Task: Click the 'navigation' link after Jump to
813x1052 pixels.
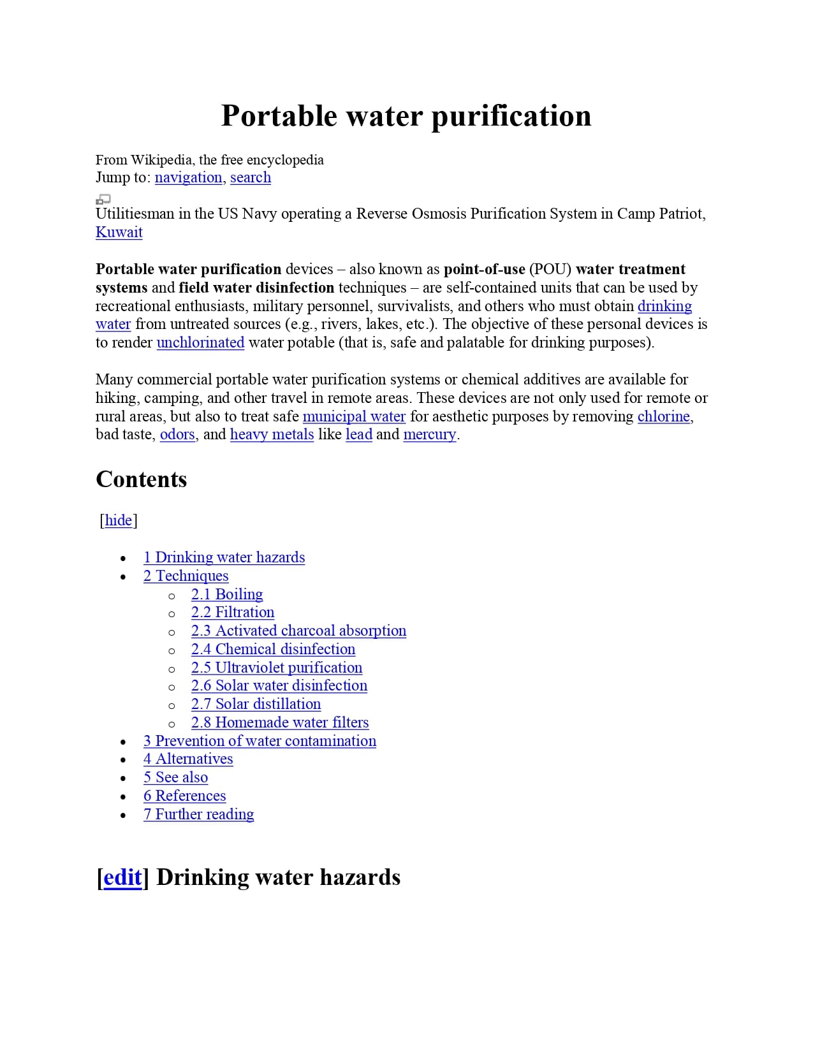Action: click(188, 177)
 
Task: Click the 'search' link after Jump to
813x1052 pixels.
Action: click(250, 177)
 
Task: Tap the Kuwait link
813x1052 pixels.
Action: click(119, 232)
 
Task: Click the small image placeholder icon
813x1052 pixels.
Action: click(103, 200)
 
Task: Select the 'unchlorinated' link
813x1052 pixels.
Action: click(200, 342)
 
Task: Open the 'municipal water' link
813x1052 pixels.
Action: click(354, 416)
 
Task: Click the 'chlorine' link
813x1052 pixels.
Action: click(663, 416)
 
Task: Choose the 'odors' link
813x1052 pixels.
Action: click(177, 434)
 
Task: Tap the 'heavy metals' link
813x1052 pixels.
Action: click(272, 434)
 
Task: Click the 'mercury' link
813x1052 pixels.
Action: click(430, 434)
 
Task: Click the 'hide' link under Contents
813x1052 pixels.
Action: click(119, 520)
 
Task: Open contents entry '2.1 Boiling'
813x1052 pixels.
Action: click(227, 594)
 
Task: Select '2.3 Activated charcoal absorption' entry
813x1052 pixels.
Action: click(298, 631)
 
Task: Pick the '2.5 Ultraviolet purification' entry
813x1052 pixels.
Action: click(277, 668)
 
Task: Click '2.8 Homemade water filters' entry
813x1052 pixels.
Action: click(280, 722)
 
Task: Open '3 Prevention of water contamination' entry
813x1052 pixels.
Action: click(260, 741)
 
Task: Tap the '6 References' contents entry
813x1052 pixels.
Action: click(184, 796)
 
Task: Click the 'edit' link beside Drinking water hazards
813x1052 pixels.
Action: click(122, 877)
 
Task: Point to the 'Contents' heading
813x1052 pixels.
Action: click(141, 479)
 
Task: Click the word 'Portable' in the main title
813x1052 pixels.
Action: click(279, 116)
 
